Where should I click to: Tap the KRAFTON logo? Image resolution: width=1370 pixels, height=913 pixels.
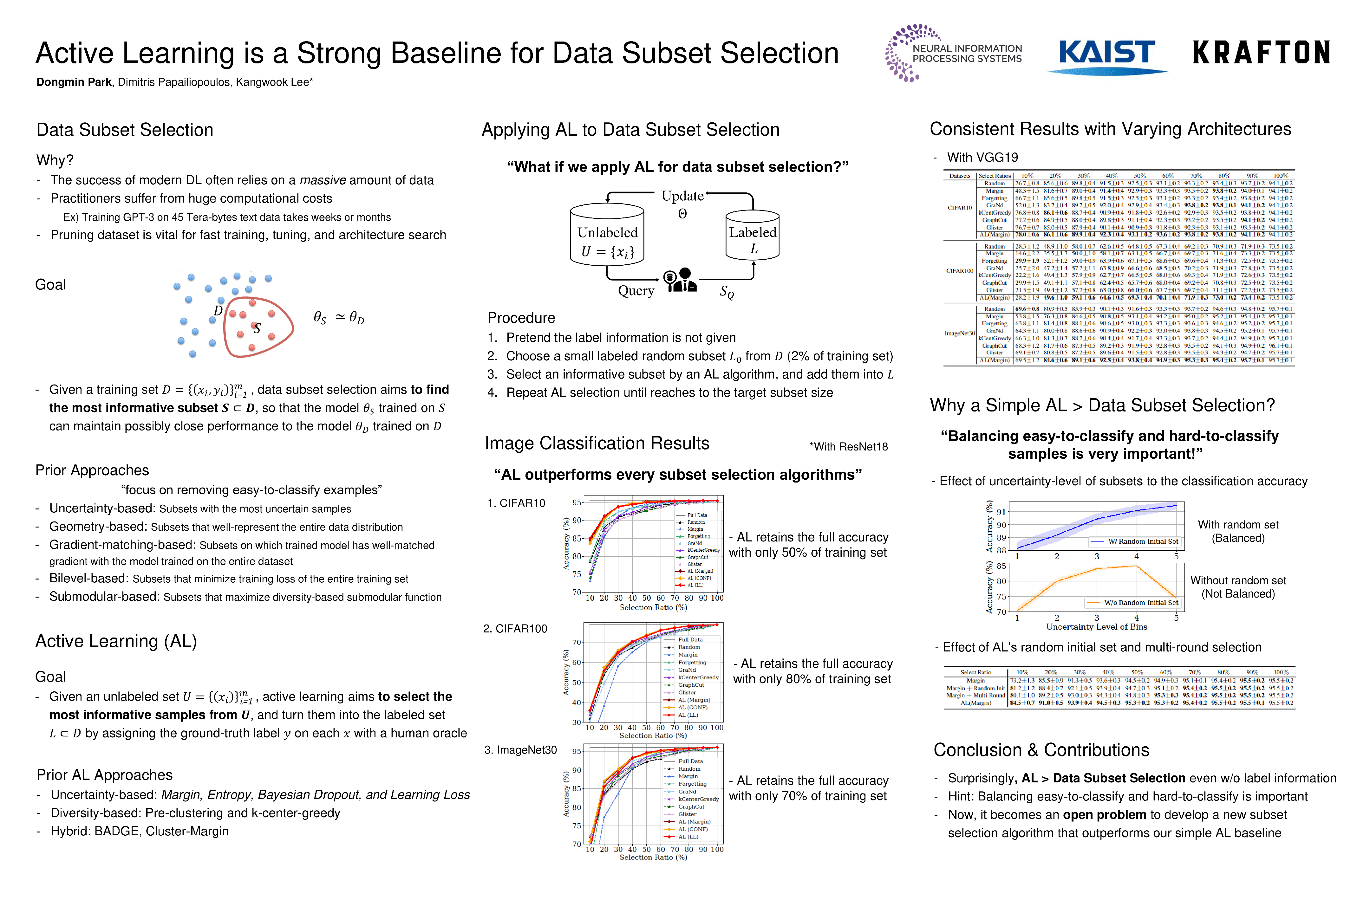[x=1261, y=52]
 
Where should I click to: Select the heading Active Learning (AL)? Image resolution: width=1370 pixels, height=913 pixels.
[x=116, y=641]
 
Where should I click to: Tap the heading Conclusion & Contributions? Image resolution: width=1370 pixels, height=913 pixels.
[x=1041, y=749]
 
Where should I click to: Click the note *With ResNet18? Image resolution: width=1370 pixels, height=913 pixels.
[x=848, y=447]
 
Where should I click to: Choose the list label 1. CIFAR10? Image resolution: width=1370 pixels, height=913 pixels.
[x=516, y=503]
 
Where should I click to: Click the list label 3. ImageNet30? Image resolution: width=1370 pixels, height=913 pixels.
[x=520, y=750]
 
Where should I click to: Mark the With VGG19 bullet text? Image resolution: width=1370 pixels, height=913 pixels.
[x=982, y=157]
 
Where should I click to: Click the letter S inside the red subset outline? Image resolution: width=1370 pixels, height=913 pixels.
[x=256, y=328]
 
